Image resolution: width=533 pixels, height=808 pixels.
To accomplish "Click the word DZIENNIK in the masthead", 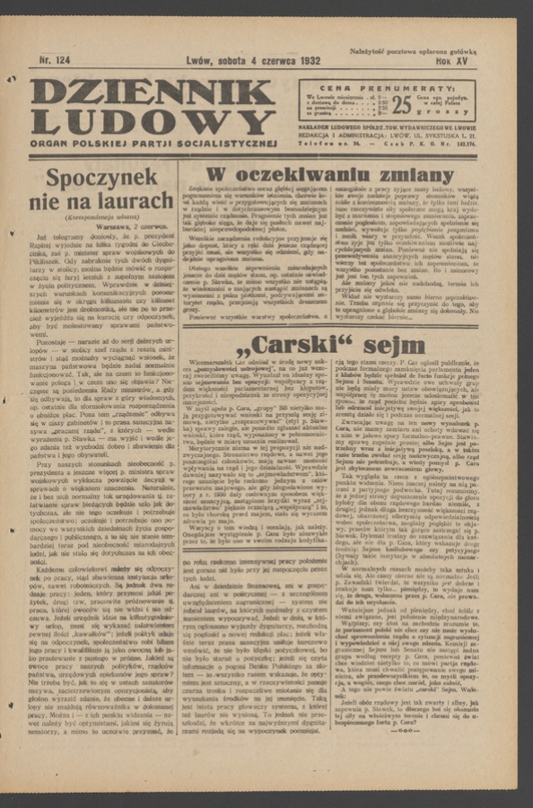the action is pos(153,92).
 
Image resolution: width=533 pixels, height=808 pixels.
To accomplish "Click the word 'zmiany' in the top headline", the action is pos(396,174).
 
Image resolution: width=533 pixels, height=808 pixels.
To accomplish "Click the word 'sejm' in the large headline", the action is pos(390,344).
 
